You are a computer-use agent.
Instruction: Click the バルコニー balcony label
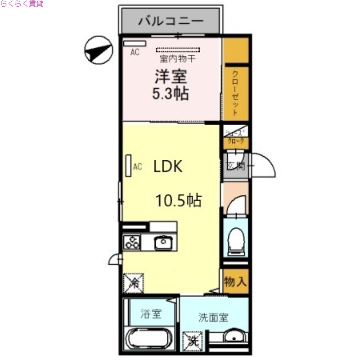click(x=171, y=21)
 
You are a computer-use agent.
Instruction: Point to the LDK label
click(x=168, y=167)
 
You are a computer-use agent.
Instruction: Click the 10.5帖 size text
click(x=179, y=200)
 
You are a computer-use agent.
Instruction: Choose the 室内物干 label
click(x=176, y=58)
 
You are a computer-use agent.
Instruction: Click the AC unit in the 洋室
click(x=132, y=44)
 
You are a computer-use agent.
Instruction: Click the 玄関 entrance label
click(x=235, y=166)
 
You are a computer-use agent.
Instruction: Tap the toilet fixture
click(x=236, y=241)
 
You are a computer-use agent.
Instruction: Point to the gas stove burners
click(x=132, y=243)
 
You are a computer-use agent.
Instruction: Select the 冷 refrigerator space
click(x=133, y=283)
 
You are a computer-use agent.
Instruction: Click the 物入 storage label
click(x=235, y=282)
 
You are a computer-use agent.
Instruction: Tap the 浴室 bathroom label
click(x=150, y=314)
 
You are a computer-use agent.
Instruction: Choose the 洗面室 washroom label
click(x=213, y=317)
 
